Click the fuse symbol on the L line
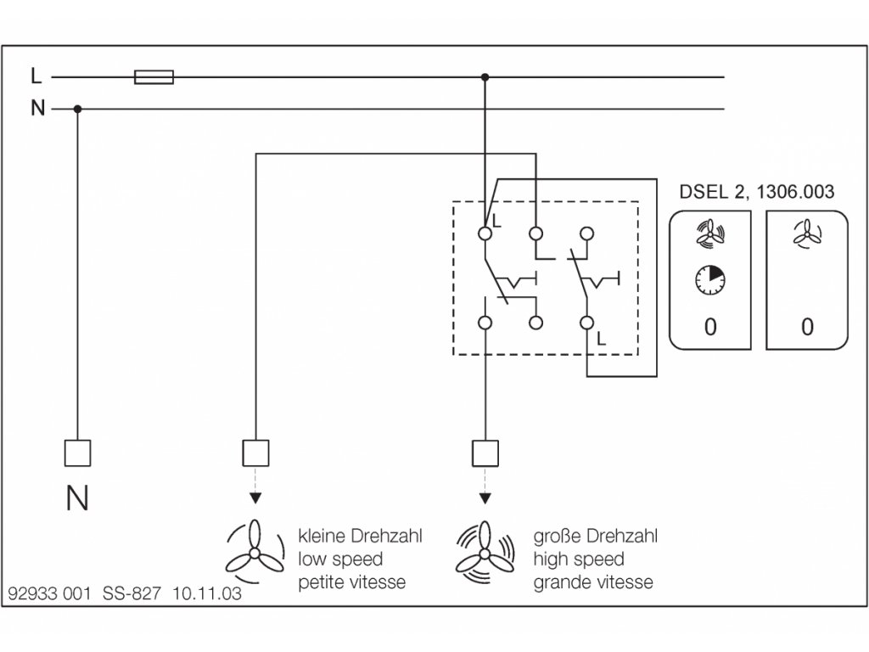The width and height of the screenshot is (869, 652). [154, 77]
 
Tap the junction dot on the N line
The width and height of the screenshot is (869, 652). [77, 109]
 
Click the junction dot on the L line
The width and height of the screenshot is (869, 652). [485, 77]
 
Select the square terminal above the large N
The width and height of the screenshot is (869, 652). [77, 452]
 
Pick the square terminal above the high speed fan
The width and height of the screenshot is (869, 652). [485, 452]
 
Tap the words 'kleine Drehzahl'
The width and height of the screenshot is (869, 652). [360, 537]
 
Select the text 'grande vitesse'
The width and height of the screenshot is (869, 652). [593, 582]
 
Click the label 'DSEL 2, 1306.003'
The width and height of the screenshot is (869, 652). [756, 192]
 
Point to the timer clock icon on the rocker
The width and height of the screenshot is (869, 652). [709, 279]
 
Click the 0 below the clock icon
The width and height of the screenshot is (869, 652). [709, 327]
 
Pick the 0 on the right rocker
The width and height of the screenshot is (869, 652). [806, 327]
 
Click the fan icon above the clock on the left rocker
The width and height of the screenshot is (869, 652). [709, 234]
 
